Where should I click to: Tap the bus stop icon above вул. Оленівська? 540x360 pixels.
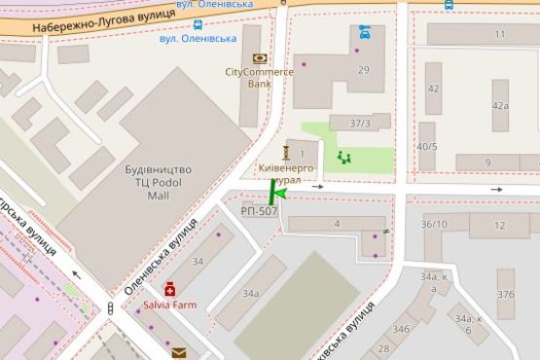(198, 25)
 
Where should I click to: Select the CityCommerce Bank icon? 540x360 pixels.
(259, 58)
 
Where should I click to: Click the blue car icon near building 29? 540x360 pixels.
(365, 32)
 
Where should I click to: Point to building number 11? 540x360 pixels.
(499, 35)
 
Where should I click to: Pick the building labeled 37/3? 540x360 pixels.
(360, 123)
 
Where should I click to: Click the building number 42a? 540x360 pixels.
(500, 106)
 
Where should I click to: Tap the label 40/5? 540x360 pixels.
(426, 146)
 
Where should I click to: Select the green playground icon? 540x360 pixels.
(342, 157)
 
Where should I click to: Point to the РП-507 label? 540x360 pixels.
(260, 210)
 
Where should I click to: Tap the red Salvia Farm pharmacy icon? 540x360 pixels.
(170, 289)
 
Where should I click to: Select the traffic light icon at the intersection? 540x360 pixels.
(111, 308)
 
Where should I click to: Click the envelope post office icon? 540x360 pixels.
(178, 352)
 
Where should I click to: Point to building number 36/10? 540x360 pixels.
(434, 225)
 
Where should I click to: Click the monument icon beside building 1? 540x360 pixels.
(286, 153)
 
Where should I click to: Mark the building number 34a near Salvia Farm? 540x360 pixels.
(251, 293)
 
